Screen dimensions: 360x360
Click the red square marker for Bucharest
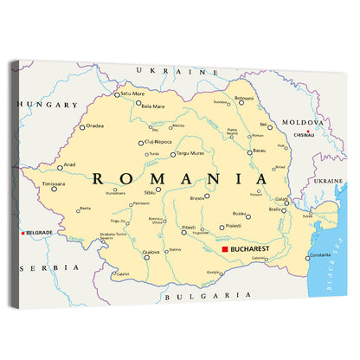225,249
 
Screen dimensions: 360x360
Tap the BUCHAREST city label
251,249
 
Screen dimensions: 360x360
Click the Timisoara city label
54,184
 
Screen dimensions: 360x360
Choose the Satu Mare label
132,93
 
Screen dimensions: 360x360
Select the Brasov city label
197,199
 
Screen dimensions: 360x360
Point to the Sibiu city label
149,192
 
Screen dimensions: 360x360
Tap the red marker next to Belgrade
23,233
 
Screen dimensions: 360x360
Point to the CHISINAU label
304,135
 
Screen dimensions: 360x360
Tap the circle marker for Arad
60,166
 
